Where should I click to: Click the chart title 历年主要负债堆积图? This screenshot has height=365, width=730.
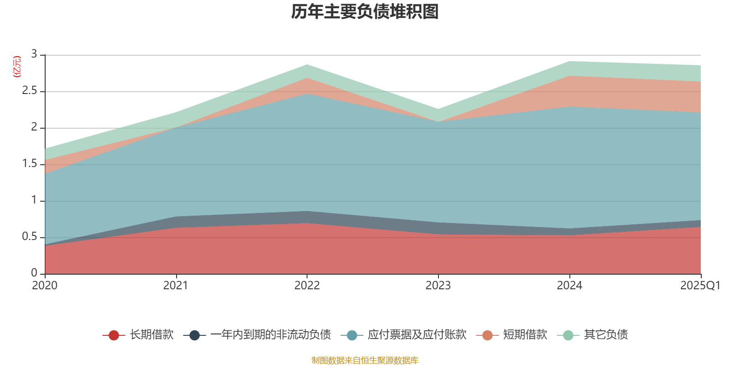(x=365, y=12)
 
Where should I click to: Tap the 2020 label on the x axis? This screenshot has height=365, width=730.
(x=45, y=286)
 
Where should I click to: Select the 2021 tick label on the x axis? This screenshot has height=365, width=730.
(x=176, y=286)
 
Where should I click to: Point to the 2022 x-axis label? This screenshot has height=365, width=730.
(x=307, y=286)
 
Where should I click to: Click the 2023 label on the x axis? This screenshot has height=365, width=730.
(x=438, y=286)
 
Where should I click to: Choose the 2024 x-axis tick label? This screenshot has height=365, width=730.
(x=569, y=286)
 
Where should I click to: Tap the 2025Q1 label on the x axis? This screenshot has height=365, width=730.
(x=700, y=286)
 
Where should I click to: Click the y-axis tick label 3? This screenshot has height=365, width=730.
(x=34, y=54)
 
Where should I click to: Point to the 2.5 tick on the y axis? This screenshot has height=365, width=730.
(x=30, y=91)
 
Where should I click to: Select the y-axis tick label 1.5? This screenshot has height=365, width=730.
(x=30, y=164)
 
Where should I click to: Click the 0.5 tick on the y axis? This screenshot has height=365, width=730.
(x=30, y=237)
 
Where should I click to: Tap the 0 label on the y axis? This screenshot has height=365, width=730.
(x=34, y=273)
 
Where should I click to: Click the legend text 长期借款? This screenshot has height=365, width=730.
(x=151, y=335)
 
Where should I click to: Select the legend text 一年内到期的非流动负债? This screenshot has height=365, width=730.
(x=271, y=335)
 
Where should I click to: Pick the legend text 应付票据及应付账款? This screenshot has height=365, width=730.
(x=417, y=335)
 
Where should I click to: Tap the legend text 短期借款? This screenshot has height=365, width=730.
(x=525, y=335)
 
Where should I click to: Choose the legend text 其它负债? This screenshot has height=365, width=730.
(x=606, y=335)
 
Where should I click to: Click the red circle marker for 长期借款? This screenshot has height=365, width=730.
(x=114, y=335)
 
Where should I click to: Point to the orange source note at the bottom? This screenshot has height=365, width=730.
(x=365, y=360)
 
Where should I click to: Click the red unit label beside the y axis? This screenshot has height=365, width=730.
(x=16, y=67)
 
